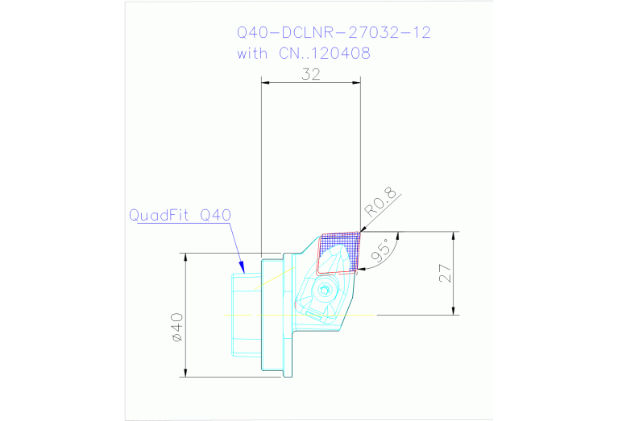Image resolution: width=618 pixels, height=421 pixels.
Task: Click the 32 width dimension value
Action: tap(311, 73)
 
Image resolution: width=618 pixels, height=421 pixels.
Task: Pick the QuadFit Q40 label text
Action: tap(180, 215)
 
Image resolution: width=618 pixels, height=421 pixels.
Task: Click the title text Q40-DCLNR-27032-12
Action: tap(334, 33)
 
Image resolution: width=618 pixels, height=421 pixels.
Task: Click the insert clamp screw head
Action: tap(325, 291)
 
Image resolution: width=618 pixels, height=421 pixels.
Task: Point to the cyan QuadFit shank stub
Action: tap(246, 314)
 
